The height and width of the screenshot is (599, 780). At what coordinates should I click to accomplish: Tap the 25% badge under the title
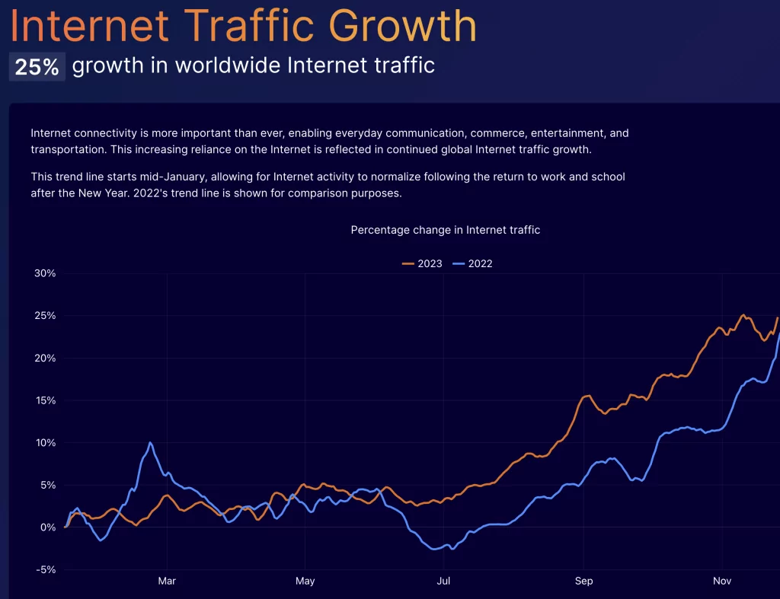point(37,66)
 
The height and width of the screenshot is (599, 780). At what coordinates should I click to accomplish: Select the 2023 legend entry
point(422,264)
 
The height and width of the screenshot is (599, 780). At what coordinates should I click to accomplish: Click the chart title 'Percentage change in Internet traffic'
point(445,230)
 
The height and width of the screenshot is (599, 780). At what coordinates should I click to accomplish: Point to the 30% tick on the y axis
point(45,273)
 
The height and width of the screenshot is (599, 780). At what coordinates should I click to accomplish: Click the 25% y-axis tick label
point(45,316)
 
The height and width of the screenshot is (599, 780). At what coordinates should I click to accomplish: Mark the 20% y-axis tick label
point(45,358)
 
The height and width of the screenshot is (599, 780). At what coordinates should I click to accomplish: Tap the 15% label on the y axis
point(45,400)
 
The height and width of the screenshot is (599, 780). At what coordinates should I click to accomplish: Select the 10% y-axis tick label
point(45,443)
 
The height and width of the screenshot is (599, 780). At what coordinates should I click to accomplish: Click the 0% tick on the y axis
point(48,527)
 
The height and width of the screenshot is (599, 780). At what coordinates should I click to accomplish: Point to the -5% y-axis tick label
point(45,569)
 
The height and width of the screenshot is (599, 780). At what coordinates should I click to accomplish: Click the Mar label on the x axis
point(167,581)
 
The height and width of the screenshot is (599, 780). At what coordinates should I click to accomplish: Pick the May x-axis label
point(305,581)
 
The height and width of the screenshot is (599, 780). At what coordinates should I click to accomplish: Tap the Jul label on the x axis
point(443,581)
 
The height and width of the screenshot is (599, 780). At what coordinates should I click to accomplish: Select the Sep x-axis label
point(583,581)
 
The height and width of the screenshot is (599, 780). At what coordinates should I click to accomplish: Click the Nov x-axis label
point(722,581)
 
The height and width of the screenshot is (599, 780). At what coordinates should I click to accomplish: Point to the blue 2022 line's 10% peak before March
point(150,442)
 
